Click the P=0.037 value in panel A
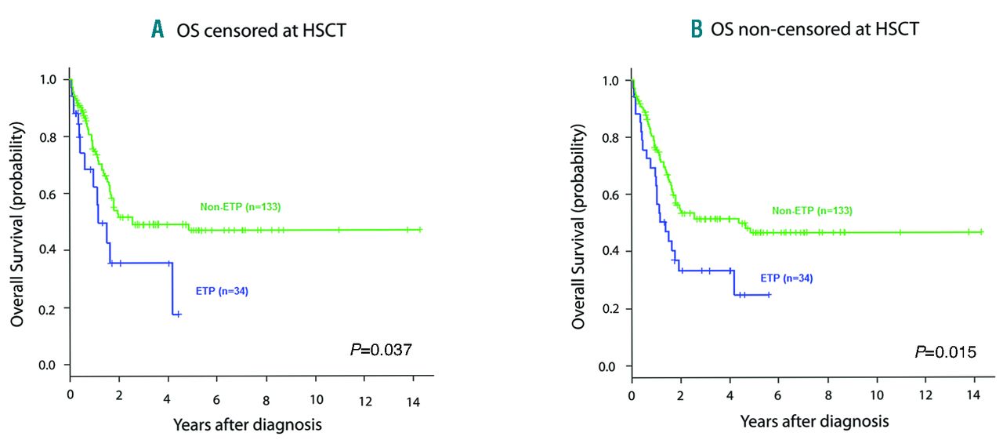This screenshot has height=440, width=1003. pyautogui.click(x=379, y=350)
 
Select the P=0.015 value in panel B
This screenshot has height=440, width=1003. pyautogui.click(x=945, y=351)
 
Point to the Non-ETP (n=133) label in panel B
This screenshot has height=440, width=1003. pyautogui.click(x=812, y=210)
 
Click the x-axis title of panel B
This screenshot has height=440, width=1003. pyautogui.click(x=814, y=421)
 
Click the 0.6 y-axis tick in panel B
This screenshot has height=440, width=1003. pyautogui.click(x=611, y=194)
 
